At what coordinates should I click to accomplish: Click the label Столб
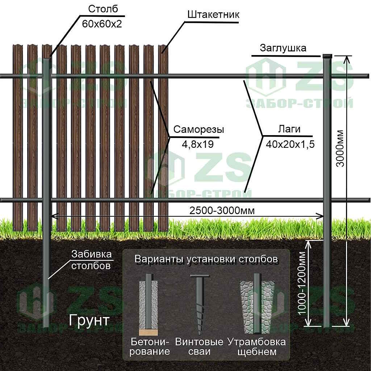pyautogui.click(x=103, y=10)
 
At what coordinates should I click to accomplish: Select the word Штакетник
pyautogui.click(x=213, y=15)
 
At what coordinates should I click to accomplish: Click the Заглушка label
pyautogui.click(x=283, y=48)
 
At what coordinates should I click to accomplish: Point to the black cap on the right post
pyautogui.click(x=328, y=56)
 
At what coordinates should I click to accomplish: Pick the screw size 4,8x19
pyautogui.click(x=197, y=145)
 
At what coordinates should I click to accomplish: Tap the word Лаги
pyautogui.click(x=289, y=130)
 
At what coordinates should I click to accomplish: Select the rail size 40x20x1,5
pyautogui.click(x=290, y=144)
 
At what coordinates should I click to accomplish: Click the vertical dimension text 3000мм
pyautogui.click(x=340, y=148)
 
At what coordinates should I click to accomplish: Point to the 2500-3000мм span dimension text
pyautogui.click(x=221, y=210)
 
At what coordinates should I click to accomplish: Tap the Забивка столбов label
pyautogui.click(x=91, y=260)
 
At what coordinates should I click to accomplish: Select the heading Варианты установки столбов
pyautogui.click(x=206, y=259)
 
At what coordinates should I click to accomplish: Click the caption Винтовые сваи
pyautogui.click(x=199, y=347)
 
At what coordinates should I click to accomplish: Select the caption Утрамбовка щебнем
pyautogui.click(x=257, y=347)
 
